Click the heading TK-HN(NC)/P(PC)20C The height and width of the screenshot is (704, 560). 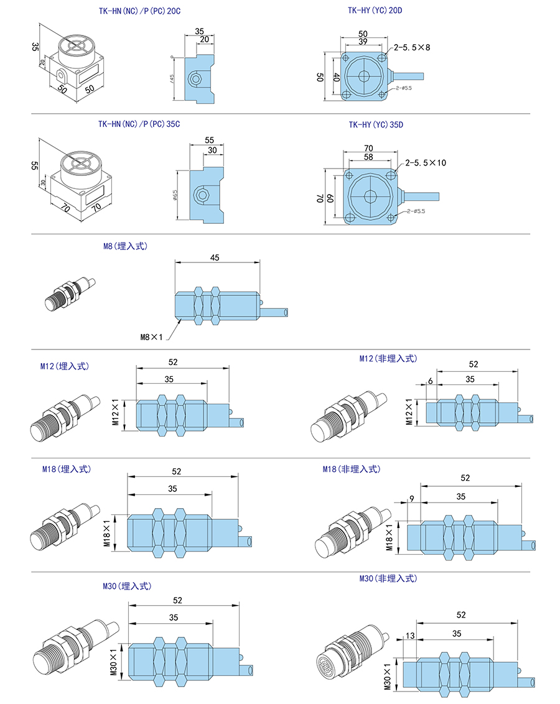click(134, 11)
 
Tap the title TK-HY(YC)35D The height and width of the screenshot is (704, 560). click(376, 125)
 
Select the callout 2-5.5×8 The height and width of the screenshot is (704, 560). click(407, 47)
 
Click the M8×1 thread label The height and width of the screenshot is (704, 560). click(151, 337)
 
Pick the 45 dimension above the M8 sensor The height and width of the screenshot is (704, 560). click(215, 257)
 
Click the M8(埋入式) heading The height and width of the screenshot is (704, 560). click(126, 246)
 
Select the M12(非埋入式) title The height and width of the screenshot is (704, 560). click(388, 359)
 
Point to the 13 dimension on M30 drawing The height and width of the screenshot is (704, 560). click(409, 635)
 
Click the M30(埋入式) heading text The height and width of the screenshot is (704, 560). click(127, 586)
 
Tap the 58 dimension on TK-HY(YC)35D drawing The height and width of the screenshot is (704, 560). click(368, 158)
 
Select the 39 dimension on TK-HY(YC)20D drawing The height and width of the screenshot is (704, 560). click(363, 42)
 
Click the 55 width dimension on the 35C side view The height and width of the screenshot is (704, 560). click(209, 141)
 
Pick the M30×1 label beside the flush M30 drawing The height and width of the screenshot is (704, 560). click(113, 662)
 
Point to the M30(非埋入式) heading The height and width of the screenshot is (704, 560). click(388, 578)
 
